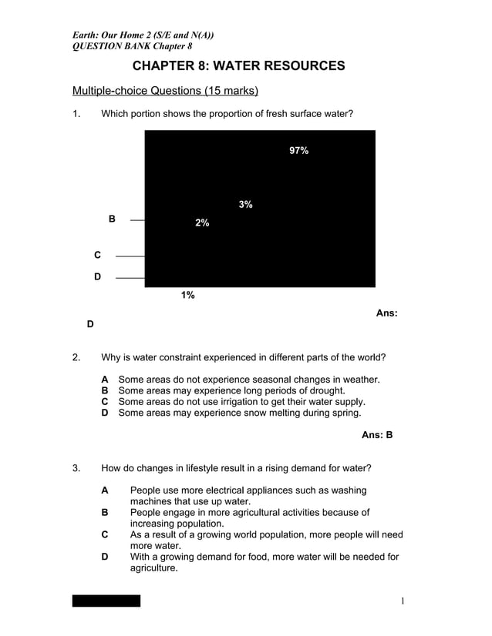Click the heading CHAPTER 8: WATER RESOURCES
[x=239, y=66]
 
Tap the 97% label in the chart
[x=299, y=151]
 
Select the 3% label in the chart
[x=246, y=204]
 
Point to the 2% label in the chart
[x=202, y=223]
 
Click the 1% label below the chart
[x=188, y=295]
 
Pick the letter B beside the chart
[x=112, y=219]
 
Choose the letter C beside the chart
[x=97, y=255]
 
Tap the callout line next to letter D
[x=130, y=277]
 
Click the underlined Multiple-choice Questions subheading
[x=165, y=91]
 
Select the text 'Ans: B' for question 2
[x=377, y=435]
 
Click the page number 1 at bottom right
[x=402, y=601]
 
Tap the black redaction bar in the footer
[x=106, y=601]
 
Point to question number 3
[x=76, y=467]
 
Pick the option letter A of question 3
[x=105, y=490]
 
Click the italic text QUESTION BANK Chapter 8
[x=132, y=45]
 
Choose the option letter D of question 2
[x=105, y=413]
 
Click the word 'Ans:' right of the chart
[x=386, y=313]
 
